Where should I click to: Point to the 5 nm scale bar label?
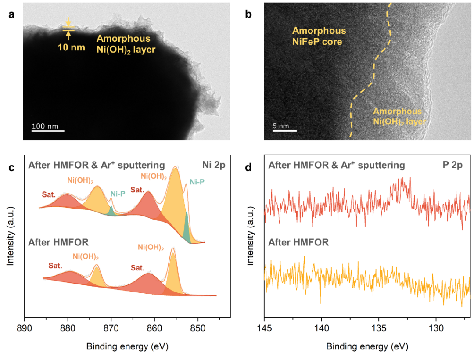coord(281,126)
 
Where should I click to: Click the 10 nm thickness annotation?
coord(71,47)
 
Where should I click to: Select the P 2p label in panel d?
coord(453,165)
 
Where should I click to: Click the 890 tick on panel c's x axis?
coord(25,328)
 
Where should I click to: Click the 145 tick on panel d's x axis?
coord(264,328)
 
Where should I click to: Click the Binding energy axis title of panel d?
coord(367,346)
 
